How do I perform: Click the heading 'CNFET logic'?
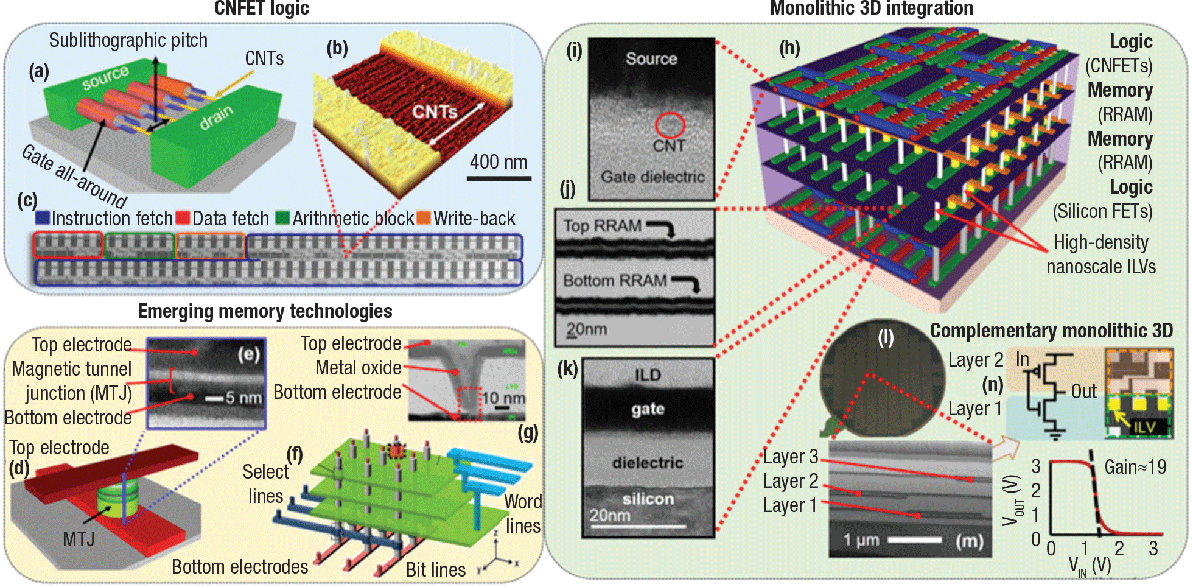pos(262,9)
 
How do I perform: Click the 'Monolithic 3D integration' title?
pos(871,9)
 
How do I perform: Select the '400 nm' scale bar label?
pos(499,162)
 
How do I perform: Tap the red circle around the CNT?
pos(670,125)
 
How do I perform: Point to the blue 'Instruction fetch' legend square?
pos(43,218)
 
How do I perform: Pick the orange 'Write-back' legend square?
pos(423,218)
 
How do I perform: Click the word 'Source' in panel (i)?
pos(651,58)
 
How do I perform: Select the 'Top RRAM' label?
pos(602,226)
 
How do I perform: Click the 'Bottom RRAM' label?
pos(615,281)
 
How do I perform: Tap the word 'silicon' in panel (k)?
pos(648,499)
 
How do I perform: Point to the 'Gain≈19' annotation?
pos(1135,467)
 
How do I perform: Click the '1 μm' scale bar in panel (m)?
pos(861,540)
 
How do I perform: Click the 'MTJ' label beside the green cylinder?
pos(79,539)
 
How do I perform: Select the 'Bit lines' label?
pos(436,570)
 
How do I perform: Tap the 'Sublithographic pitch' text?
pos(128,40)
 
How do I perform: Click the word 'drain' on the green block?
pos(216,118)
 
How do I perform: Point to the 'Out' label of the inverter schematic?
pos(1084,392)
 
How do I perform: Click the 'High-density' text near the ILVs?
pos(1100,242)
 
